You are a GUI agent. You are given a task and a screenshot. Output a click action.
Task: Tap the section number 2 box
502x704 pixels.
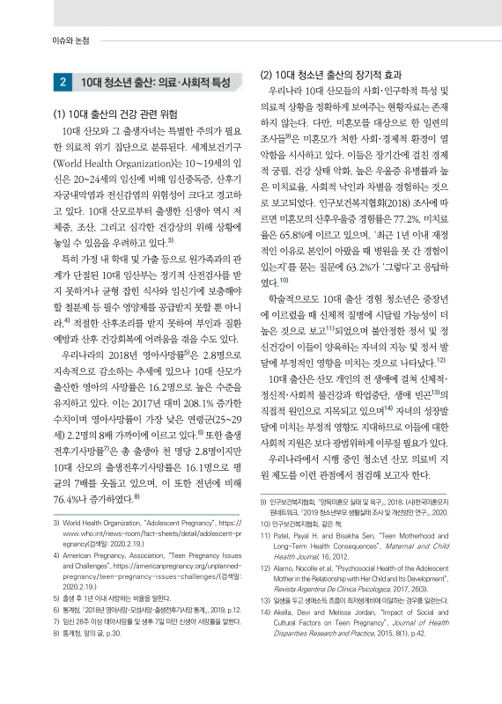click(64, 83)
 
